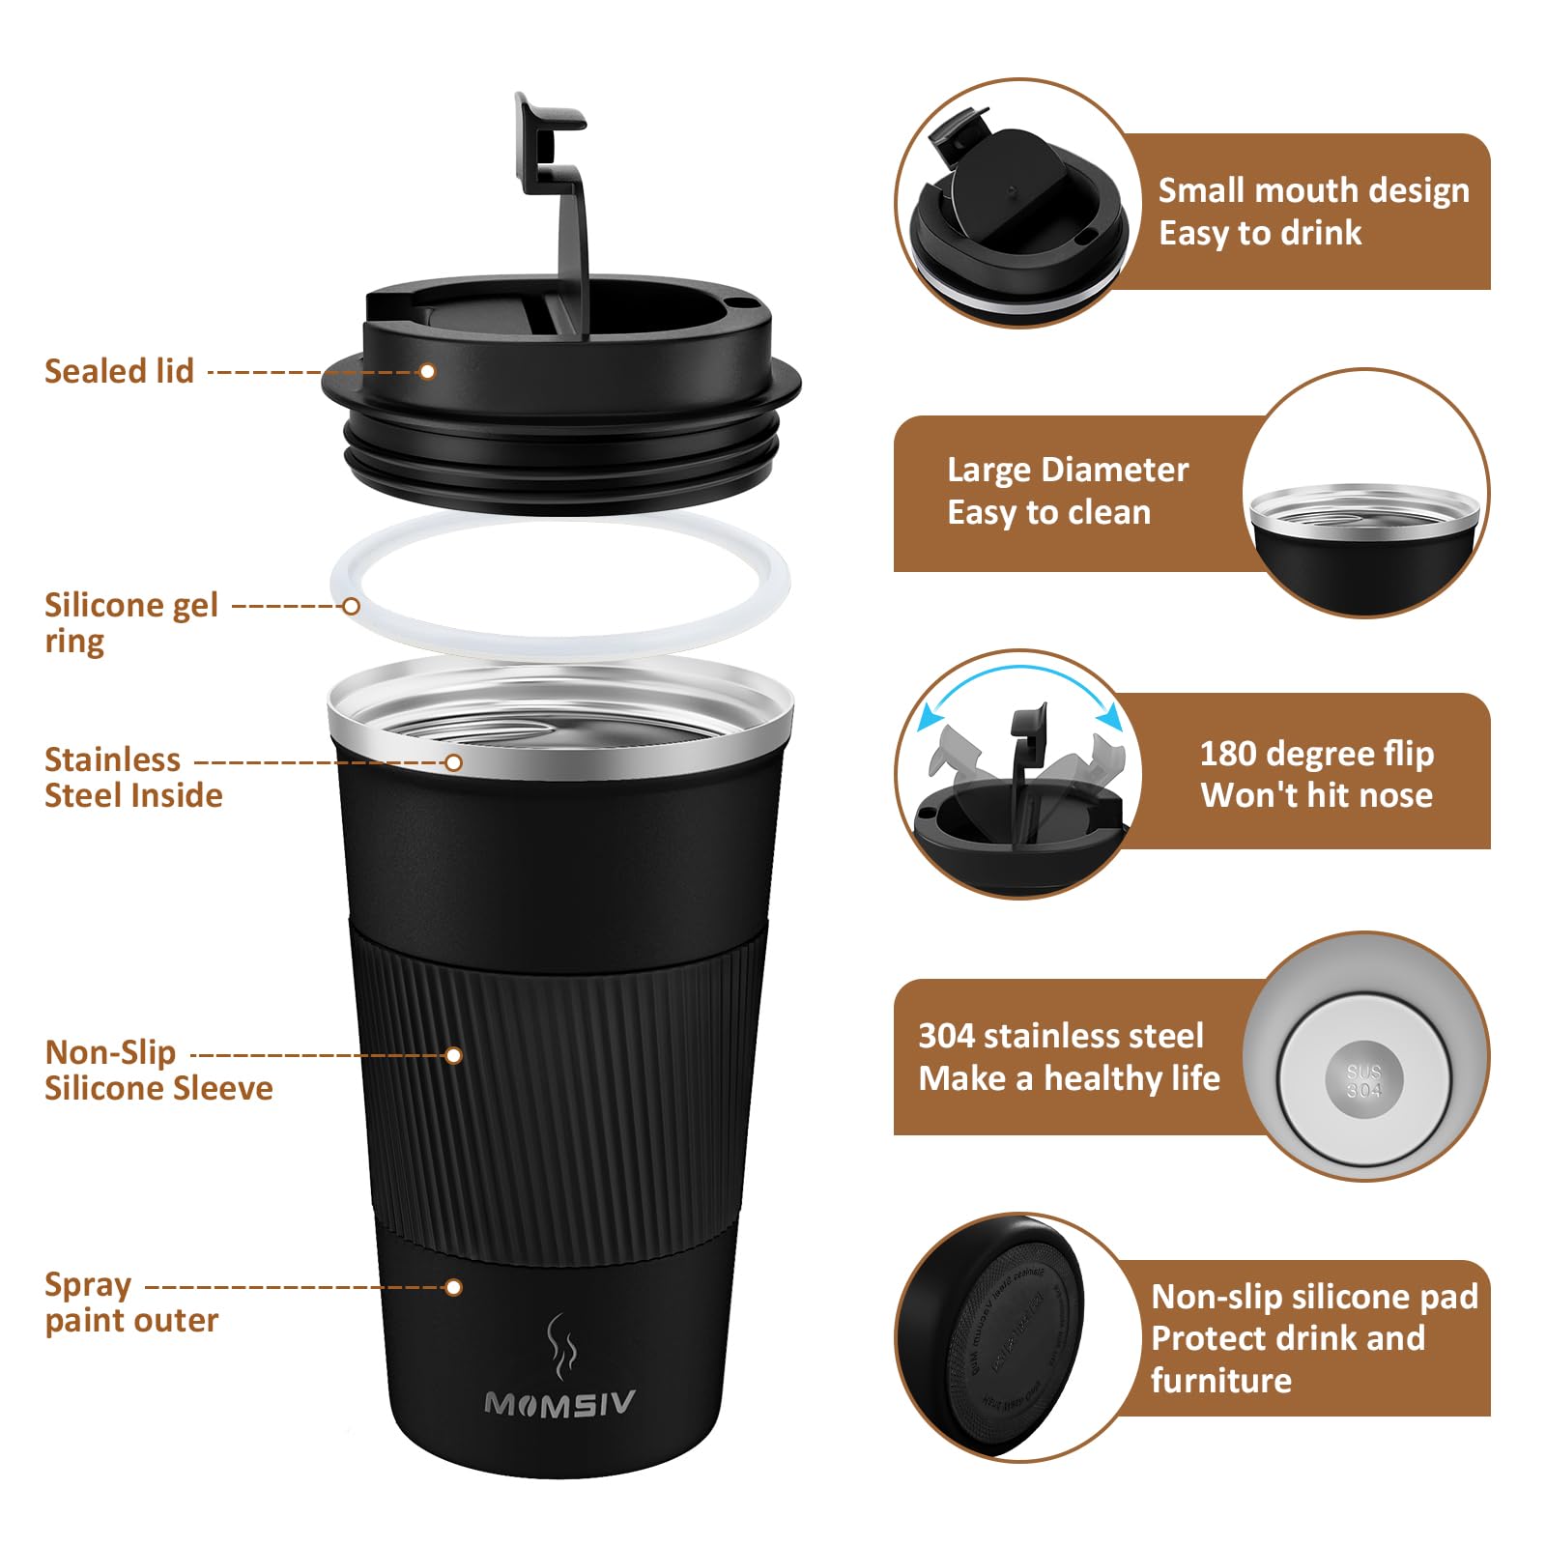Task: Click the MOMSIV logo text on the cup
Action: (x=559, y=1404)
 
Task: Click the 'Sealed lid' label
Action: (x=119, y=371)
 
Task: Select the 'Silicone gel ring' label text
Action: (x=130, y=622)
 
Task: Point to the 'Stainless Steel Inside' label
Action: (x=132, y=777)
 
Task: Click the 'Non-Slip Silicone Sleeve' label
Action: (x=157, y=1070)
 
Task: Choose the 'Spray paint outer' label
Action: (x=130, y=1303)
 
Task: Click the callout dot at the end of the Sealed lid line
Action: (x=427, y=371)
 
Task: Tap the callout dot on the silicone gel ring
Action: (x=352, y=606)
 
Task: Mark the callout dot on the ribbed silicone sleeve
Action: (x=453, y=1055)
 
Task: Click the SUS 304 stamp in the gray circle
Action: (x=1364, y=1080)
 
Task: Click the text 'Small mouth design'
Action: (x=1313, y=190)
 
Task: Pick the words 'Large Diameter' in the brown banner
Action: (x=1067, y=470)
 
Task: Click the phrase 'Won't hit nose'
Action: (x=1316, y=795)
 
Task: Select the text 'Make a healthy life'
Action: (x=1069, y=1077)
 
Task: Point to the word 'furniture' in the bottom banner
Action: (x=1220, y=1380)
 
